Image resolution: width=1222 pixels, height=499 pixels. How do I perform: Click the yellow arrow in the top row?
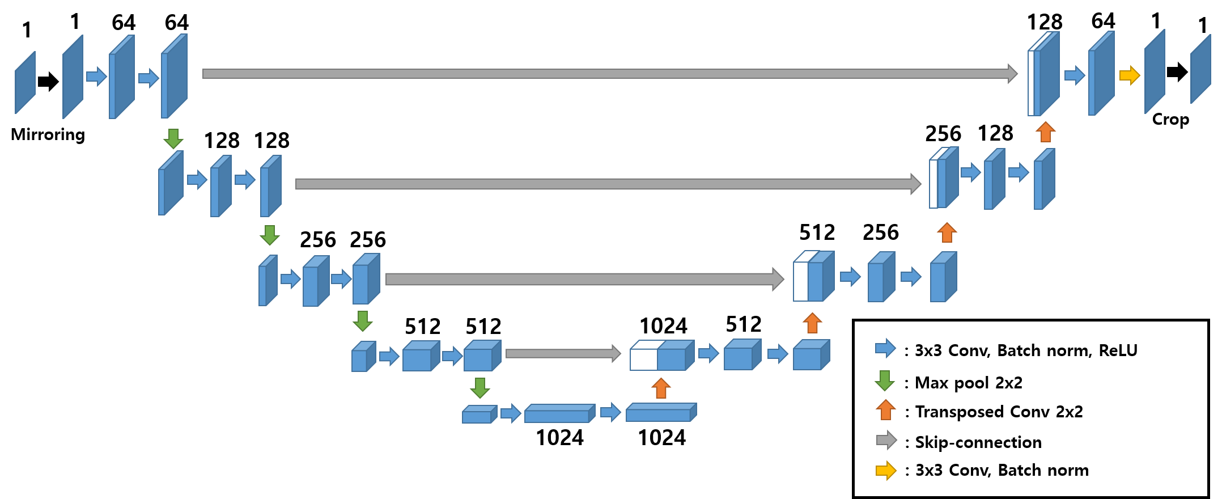tap(1130, 75)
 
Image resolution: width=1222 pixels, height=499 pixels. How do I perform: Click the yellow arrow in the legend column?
tap(886, 470)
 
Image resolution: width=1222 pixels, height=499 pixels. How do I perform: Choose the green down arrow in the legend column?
tap(885, 380)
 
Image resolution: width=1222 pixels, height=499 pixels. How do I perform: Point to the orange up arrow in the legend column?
tap(885, 409)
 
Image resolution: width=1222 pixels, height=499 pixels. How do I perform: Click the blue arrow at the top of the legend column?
tap(885, 348)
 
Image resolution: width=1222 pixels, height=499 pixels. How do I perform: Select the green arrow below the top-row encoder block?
tap(173, 138)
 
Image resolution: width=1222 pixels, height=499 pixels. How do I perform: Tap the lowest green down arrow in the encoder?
tap(480, 388)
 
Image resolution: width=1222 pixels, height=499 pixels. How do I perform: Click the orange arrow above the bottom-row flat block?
tap(661, 388)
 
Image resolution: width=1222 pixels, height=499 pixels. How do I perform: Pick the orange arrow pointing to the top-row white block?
tap(1046, 132)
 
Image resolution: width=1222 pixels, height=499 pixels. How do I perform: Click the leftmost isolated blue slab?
tap(25, 83)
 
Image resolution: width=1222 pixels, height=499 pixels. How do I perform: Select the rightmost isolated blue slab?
tap(1200, 69)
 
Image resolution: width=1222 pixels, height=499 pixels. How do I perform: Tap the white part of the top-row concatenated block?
tap(1031, 83)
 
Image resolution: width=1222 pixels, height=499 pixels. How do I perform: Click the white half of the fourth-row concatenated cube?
tap(643, 360)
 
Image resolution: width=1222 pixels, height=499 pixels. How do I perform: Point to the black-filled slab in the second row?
tap(933, 184)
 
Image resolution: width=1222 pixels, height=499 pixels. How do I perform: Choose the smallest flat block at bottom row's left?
tap(477, 417)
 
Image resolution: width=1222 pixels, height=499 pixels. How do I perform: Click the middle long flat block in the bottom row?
tap(557, 416)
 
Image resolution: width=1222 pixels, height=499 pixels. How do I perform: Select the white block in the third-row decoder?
tap(800, 281)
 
